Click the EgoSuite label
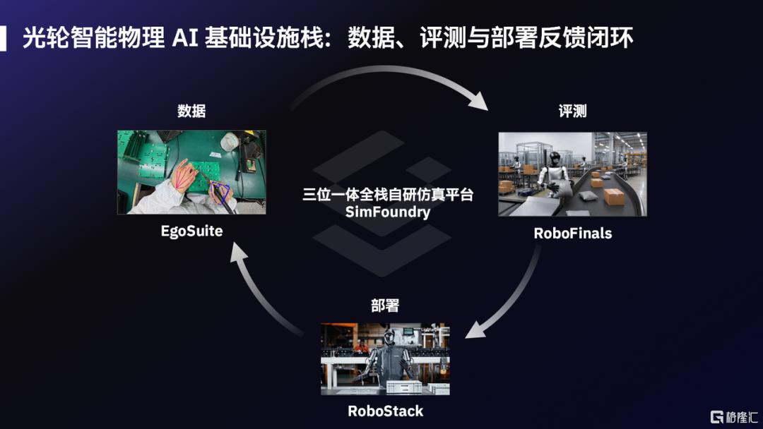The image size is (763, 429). [191, 231]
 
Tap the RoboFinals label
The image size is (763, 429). [573, 234]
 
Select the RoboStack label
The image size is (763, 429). [386, 411]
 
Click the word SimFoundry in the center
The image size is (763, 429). [388, 212]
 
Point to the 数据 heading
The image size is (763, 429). [191, 111]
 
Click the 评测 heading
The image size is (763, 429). [573, 111]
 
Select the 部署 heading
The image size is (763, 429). [386, 305]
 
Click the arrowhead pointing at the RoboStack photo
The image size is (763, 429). [475, 330]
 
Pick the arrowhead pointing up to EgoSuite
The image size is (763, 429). [238, 253]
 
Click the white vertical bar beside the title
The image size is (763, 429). [3, 38]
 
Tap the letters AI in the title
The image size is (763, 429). [185, 38]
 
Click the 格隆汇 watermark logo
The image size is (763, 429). [734, 417]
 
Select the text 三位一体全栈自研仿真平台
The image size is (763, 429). [388, 194]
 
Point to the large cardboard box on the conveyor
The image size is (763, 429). [614, 195]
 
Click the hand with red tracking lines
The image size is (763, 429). [184, 175]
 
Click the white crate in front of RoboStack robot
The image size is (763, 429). [403, 387]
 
